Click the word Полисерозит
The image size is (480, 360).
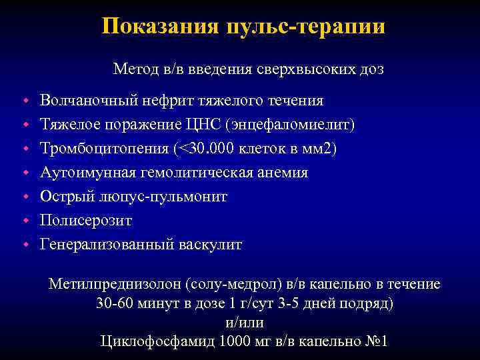click(86, 221)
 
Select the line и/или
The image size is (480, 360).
click(241, 323)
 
